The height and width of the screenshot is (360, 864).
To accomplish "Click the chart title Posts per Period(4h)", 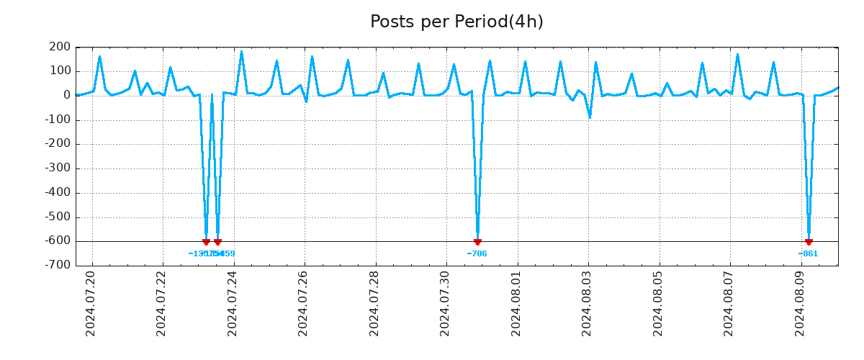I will tap(456, 22).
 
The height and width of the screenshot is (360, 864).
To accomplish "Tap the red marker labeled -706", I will tap(477, 242).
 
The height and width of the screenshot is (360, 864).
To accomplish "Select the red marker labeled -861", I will tap(809, 242).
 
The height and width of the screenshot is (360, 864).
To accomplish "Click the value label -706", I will tap(477, 253).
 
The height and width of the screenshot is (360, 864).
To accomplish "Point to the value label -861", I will tap(808, 253).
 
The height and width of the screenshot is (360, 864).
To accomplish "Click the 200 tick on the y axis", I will tap(60, 48).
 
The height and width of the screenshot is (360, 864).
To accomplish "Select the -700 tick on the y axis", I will tap(58, 266).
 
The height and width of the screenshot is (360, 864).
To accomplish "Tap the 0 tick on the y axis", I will tap(66, 96).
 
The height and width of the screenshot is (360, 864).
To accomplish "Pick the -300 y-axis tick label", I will tap(58, 168).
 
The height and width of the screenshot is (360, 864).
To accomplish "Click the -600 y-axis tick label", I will tap(58, 241).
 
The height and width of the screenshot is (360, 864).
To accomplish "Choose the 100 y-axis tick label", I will tap(60, 71).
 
